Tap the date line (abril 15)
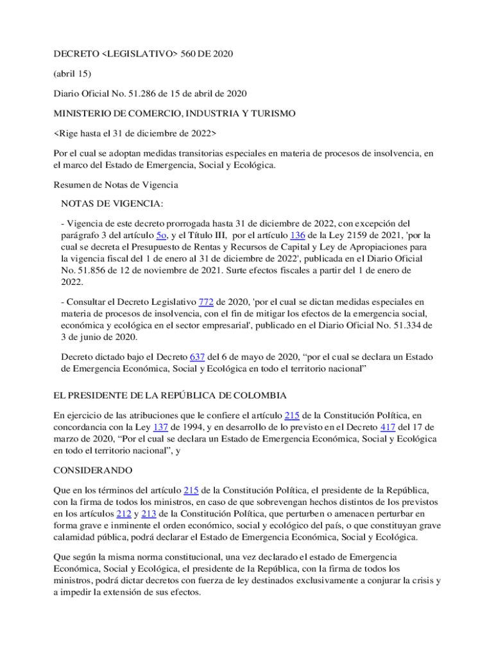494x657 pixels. click(x=72, y=73)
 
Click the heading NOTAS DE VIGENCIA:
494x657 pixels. click(x=112, y=203)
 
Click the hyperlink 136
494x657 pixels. click(x=298, y=235)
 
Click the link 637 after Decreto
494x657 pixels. click(x=197, y=356)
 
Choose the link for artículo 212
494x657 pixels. click(x=124, y=513)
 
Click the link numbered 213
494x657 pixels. click(x=152, y=513)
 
